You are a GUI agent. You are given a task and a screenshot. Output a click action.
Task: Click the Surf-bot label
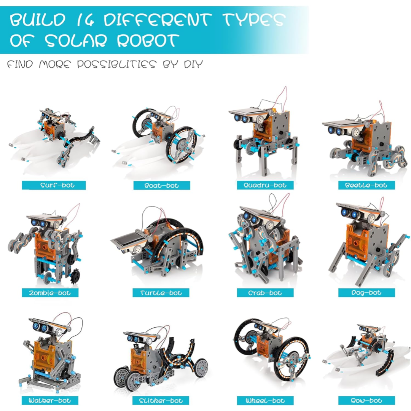(54, 185)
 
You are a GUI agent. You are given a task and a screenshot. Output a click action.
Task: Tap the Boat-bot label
(162, 185)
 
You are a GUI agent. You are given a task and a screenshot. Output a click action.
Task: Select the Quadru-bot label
(265, 185)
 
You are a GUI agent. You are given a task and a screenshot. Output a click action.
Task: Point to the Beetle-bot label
(366, 185)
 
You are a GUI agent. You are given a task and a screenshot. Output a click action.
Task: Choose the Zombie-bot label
(50, 293)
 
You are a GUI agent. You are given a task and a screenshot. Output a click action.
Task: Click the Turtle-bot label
(161, 293)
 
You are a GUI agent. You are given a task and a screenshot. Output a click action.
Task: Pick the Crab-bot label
(265, 293)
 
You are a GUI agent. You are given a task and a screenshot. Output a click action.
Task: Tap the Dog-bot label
(366, 293)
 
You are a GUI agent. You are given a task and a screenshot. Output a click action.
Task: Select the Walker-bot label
(50, 400)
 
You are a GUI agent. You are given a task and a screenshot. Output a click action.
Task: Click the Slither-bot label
(161, 400)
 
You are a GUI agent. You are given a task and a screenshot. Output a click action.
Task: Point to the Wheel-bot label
(265, 400)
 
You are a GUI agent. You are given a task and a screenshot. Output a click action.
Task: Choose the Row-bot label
(366, 400)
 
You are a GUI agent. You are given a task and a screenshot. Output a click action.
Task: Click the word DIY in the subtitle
(193, 64)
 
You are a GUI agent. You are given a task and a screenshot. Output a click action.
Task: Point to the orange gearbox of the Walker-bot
(45, 358)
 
